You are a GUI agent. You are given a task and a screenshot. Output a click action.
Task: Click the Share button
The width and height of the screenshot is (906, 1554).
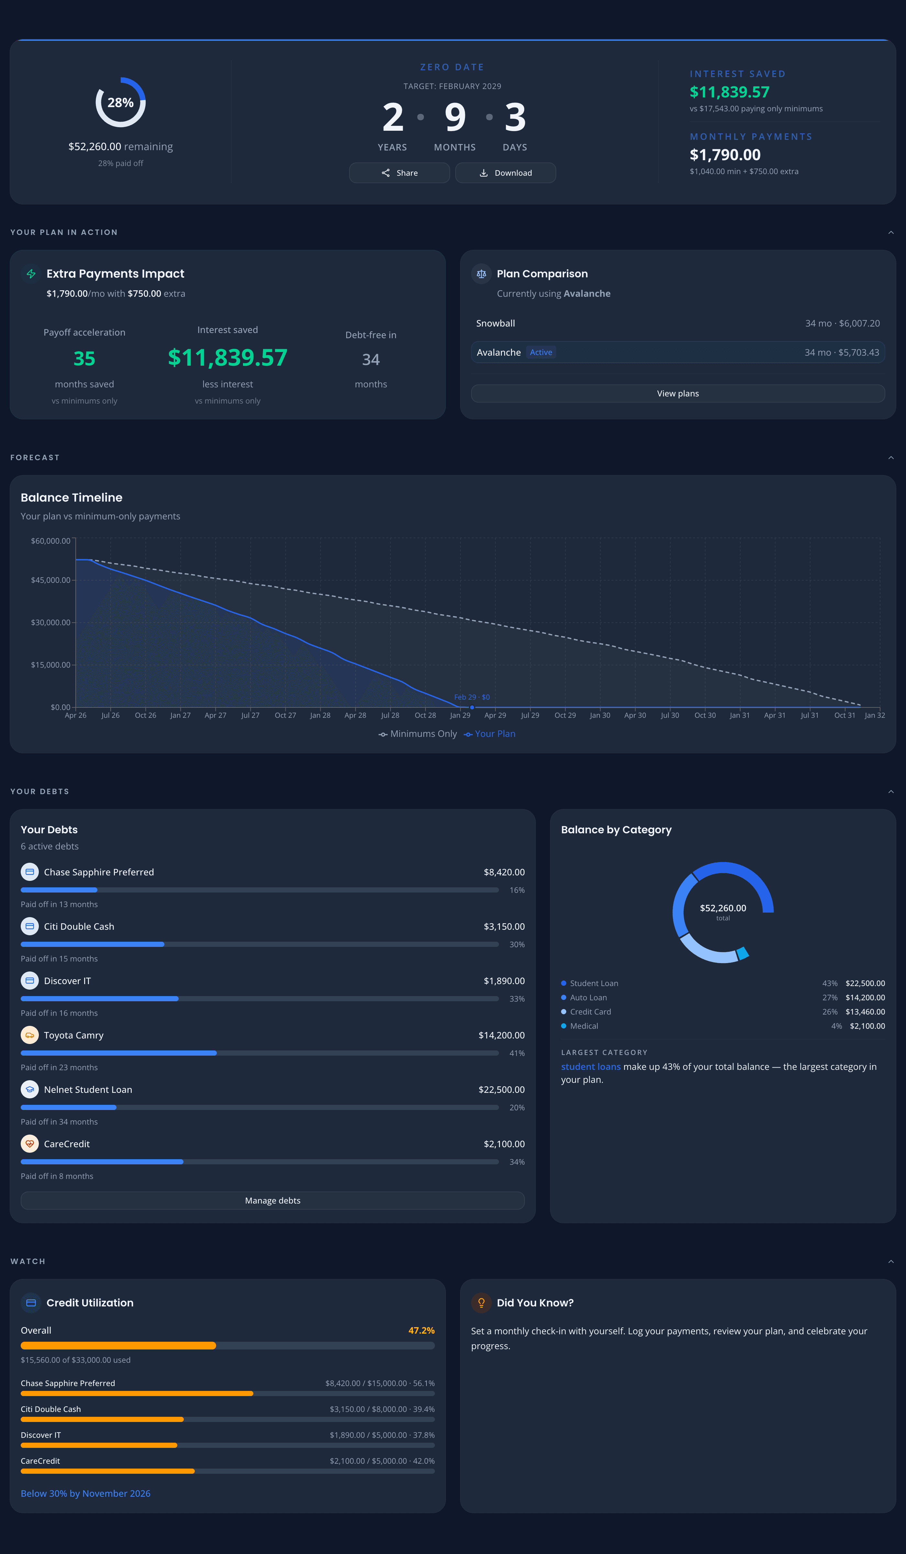pos(399,173)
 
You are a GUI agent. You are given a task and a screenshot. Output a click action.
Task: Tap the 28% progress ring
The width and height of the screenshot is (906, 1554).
pos(120,102)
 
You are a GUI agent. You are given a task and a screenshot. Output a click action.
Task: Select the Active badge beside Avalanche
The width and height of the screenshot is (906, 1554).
pos(541,352)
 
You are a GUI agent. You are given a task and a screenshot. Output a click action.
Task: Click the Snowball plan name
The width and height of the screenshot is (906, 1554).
pos(495,323)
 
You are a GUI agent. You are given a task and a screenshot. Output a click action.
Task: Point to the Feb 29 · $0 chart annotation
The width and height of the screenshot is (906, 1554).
pos(472,697)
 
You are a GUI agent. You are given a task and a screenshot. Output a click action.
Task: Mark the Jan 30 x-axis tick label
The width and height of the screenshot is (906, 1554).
pos(600,715)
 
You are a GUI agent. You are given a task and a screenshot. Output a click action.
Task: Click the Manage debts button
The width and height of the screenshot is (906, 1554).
pos(272,1201)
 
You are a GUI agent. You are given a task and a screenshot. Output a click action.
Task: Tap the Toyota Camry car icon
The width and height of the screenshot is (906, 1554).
pos(29,1035)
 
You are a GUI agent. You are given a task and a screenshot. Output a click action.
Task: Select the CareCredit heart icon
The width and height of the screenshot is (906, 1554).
pos(29,1144)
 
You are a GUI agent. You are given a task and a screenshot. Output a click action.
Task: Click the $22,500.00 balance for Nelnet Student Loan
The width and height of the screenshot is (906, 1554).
pos(502,1090)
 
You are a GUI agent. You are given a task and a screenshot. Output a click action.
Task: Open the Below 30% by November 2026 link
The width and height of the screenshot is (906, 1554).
pos(86,1493)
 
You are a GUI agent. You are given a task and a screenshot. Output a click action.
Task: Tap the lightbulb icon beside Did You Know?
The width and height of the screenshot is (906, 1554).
pos(481,1303)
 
